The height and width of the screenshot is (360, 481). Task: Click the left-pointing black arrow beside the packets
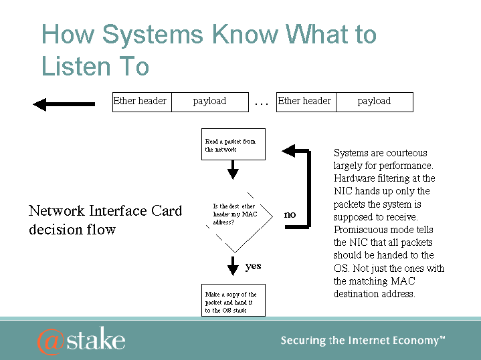coord(64,104)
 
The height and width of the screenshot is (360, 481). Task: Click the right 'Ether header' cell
coord(306,102)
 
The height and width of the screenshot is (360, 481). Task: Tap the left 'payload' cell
coord(210,102)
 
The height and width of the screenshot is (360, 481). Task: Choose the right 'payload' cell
coord(374,102)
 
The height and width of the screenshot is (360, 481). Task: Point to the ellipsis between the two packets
coord(262,103)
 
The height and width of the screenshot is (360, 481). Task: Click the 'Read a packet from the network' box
coord(233,144)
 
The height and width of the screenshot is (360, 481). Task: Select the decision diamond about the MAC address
coord(234,214)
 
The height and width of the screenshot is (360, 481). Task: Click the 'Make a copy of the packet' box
coord(233,302)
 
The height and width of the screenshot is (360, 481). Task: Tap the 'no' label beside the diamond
coord(290,214)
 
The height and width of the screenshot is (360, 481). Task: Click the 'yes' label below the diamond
coord(253,266)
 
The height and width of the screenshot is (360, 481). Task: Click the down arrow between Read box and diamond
coord(233,170)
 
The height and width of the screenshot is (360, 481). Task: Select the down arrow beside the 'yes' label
coord(233,266)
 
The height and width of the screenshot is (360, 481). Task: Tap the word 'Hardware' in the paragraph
coord(355,178)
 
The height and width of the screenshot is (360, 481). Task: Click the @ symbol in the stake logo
coord(51,341)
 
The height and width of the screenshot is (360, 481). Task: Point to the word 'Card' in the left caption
coord(167,211)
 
